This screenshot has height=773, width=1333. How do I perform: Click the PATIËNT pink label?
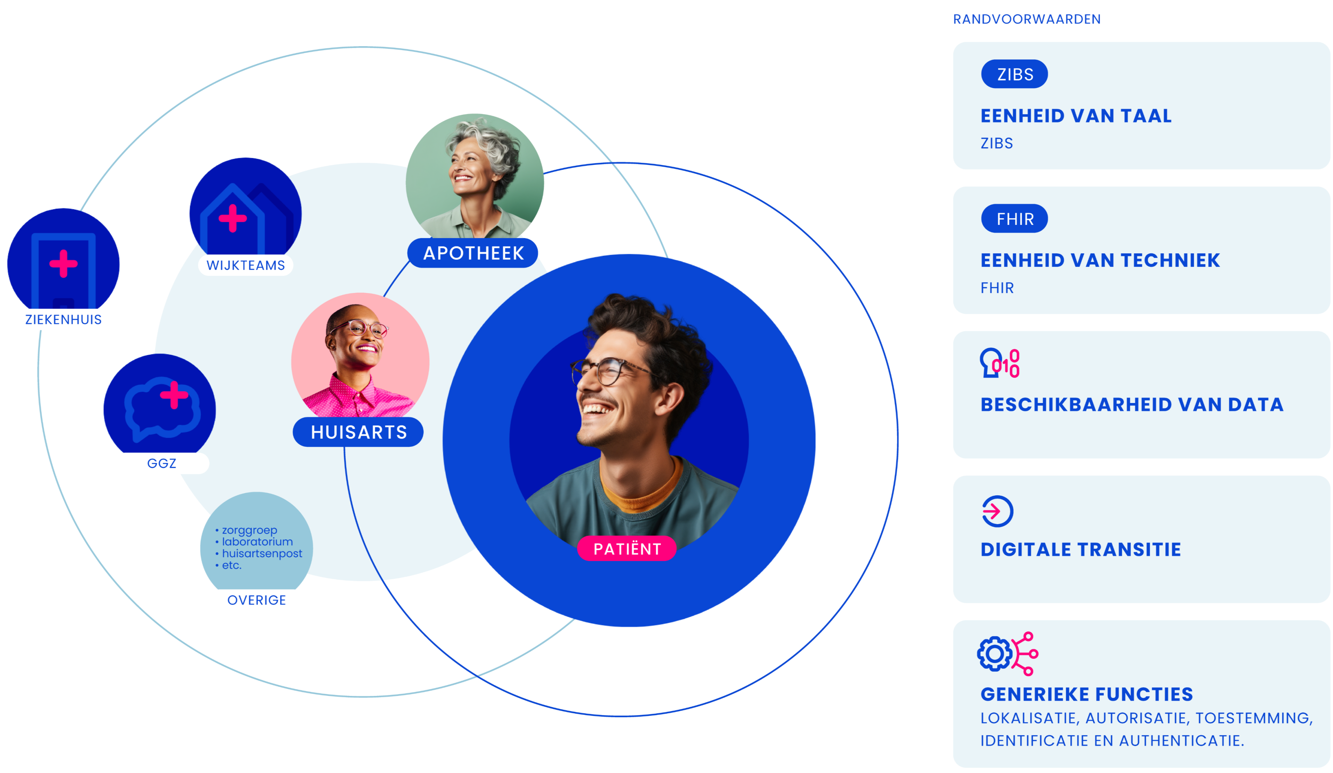[627, 549]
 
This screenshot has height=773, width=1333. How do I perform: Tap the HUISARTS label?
[358, 432]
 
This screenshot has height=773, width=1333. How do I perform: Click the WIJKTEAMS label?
[245, 265]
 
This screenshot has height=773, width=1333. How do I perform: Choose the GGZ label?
[161, 463]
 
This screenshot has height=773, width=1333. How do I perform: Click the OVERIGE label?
[257, 600]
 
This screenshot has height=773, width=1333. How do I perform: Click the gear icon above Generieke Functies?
[994, 654]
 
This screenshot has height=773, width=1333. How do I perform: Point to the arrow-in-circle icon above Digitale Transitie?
[997, 511]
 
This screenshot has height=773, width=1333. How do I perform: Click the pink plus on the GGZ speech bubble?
[174, 395]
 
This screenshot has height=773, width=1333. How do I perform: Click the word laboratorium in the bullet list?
[257, 541]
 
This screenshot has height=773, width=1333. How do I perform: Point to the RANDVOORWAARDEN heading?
[1026, 19]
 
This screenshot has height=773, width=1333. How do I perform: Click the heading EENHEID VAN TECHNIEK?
[1100, 260]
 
